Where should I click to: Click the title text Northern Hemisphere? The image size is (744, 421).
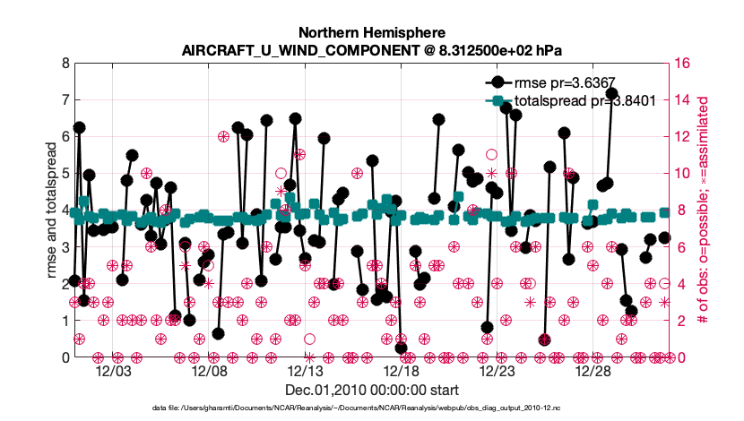(x=372, y=30)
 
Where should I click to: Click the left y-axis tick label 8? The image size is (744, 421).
(x=64, y=64)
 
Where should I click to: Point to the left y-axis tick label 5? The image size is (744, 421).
(x=64, y=174)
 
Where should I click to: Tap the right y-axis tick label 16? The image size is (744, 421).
(x=683, y=64)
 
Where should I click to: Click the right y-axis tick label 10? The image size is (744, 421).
(x=683, y=174)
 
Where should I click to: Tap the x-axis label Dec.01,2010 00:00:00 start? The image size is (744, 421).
(x=372, y=391)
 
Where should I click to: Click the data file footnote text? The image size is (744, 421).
(x=372, y=408)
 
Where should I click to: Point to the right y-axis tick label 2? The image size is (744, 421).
(x=679, y=321)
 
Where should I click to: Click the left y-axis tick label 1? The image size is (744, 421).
(x=64, y=321)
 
